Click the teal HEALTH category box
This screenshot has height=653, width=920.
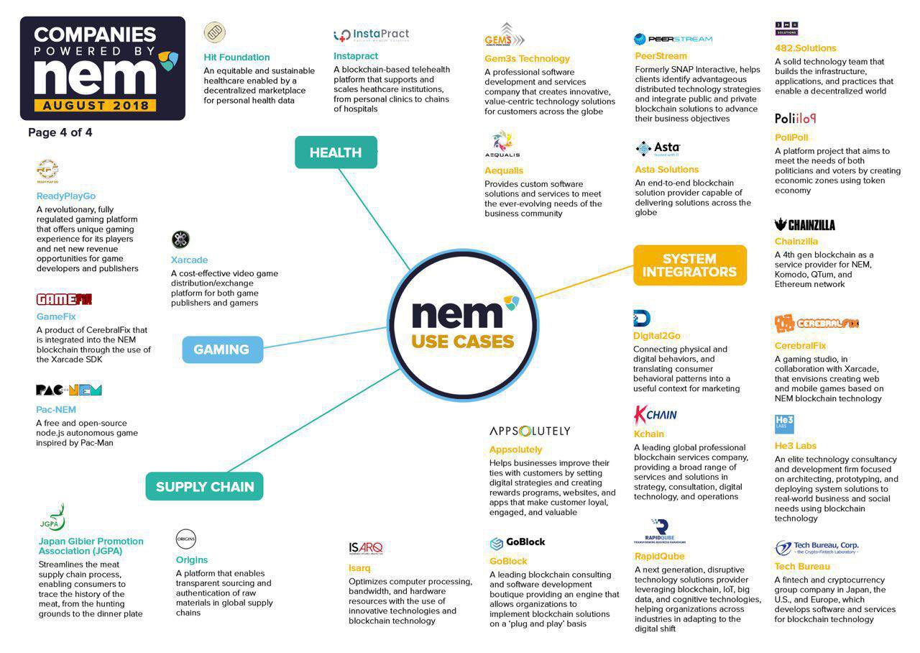click(x=336, y=152)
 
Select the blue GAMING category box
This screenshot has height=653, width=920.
click(x=222, y=350)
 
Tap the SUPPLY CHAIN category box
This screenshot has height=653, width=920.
click(x=205, y=487)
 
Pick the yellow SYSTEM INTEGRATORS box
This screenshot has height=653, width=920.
click(x=689, y=265)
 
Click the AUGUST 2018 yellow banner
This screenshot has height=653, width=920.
click(x=95, y=105)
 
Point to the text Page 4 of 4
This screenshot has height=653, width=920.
click(x=60, y=132)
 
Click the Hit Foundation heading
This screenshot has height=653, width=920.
click(x=236, y=58)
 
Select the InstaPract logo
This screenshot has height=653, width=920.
click(x=372, y=35)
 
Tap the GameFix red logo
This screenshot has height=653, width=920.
click(x=64, y=299)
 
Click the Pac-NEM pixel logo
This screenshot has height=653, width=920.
click(x=69, y=391)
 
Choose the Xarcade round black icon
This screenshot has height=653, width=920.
click(x=180, y=239)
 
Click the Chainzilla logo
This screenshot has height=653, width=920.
click(x=805, y=225)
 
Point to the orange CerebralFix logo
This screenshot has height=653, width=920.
click(x=816, y=324)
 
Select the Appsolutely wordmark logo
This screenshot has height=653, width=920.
click(x=530, y=431)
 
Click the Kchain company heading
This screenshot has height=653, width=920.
click(x=648, y=434)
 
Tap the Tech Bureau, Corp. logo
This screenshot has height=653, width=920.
click(x=816, y=548)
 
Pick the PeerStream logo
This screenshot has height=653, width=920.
click(x=673, y=39)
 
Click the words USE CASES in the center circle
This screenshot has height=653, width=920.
click(x=463, y=341)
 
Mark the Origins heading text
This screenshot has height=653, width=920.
click(x=192, y=560)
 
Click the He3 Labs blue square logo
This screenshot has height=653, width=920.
click(x=784, y=424)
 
